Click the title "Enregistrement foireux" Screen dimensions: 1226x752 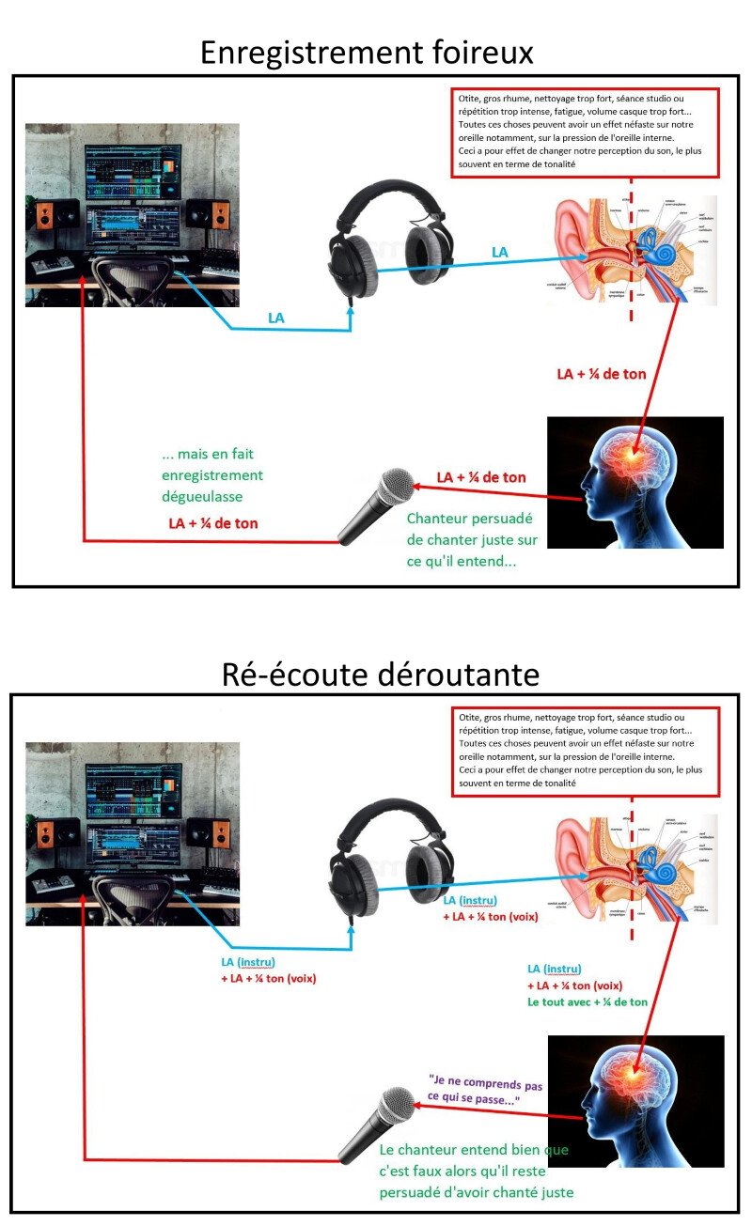pos(367,52)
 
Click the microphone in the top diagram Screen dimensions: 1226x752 pos(376,506)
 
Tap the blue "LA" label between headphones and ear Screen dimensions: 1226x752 pos(499,252)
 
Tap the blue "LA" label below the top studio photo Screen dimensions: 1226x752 pos(275,318)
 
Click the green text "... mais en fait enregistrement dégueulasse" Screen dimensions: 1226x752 pos(212,475)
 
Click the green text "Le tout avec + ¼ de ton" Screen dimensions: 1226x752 pos(587,1001)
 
